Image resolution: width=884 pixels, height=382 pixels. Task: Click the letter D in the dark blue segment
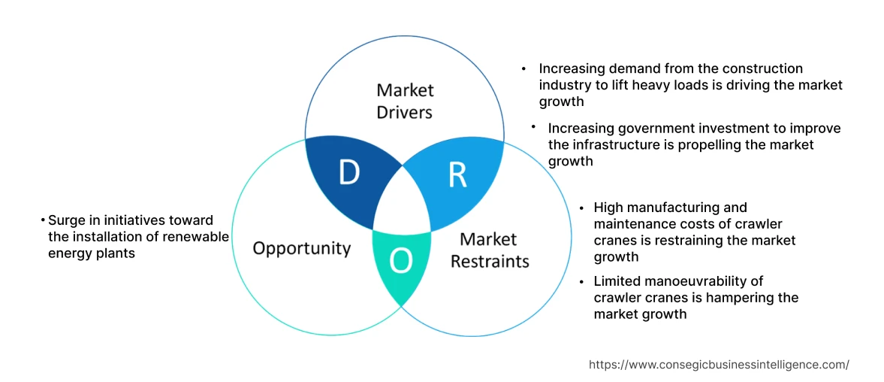[348, 173]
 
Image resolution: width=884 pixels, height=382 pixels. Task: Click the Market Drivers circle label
[405, 101]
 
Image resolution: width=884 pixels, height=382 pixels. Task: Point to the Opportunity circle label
[301, 248]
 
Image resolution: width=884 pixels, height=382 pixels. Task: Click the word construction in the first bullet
[765, 69]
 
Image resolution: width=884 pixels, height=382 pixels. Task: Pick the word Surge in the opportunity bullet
[66, 220]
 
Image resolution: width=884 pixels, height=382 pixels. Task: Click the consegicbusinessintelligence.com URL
[719, 365]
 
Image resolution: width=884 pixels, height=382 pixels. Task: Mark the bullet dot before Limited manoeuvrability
[583, 281]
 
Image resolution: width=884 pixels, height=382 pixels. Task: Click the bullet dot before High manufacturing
[583, 207]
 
